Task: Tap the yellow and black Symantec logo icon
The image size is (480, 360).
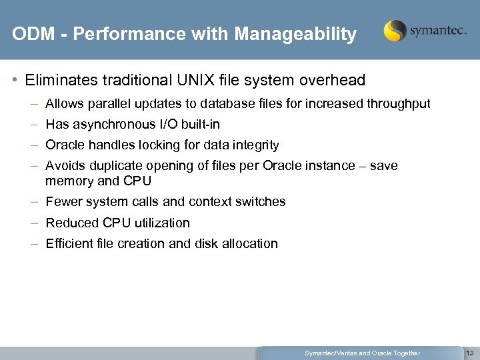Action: (395, 31)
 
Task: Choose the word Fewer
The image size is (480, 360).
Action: (63, 202)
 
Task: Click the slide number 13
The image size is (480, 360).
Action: (470, 353)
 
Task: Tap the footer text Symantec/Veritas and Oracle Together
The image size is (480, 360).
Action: (362, 353)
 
